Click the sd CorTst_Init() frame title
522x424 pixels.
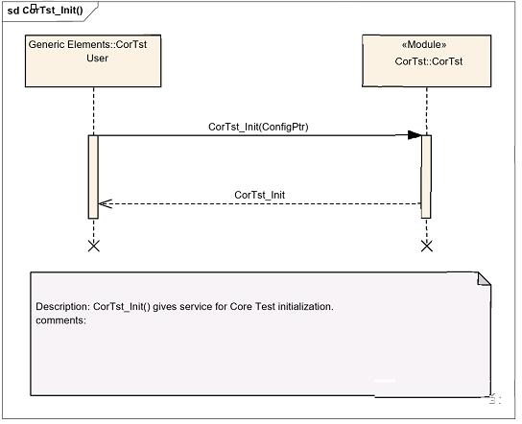pos(45,11)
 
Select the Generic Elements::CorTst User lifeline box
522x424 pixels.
pos(93,60)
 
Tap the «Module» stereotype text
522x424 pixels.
pos(424,44)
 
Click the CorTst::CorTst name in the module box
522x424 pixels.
pos(429,61)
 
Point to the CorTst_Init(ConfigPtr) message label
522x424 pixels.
pos(258,127)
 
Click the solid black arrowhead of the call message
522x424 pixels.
pos(415,135)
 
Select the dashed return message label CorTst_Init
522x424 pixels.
pos(260,195)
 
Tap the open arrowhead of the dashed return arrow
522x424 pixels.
pos(106,203)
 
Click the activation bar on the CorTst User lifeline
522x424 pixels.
pos(93,177)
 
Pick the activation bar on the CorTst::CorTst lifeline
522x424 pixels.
pos(426,177)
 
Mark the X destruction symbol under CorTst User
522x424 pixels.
pos(93,247)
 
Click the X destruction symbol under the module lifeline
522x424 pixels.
pos(427,247)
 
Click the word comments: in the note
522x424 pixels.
pos(60,320)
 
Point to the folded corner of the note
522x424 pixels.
pos(484,279)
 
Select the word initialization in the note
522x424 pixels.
pos(305,307)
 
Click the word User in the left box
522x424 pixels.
pos(97,59)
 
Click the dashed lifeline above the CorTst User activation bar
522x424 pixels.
pos(93,111)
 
